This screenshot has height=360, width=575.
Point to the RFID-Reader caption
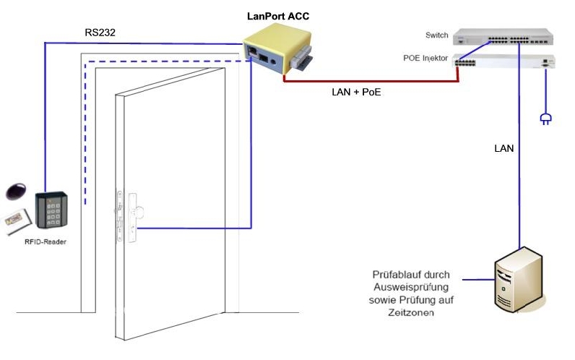click(45, 241)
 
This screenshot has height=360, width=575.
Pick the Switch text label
click(437, 35)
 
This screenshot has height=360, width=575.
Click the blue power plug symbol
click(545, 118)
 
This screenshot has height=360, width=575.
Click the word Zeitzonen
click(414, 313)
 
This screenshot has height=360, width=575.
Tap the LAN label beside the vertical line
click(503, 149)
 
